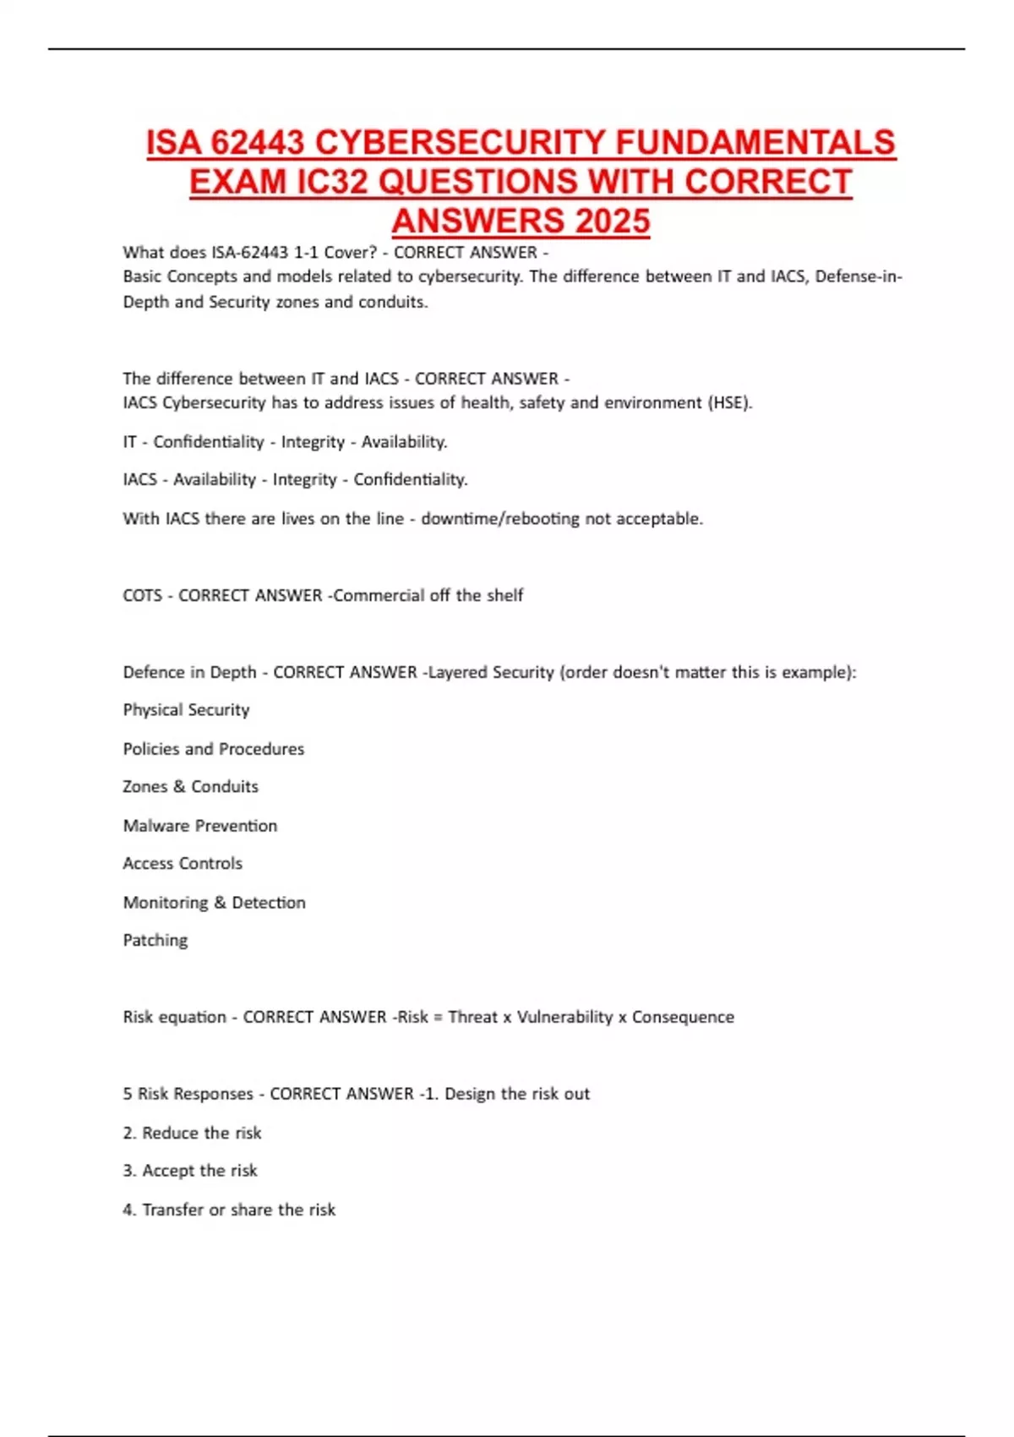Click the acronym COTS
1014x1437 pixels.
point(142,596)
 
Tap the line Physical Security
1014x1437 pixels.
point(186,710)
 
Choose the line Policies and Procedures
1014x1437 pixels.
point(213,749)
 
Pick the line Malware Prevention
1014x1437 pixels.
point(199,826)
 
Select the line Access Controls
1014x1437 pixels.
point(183,864)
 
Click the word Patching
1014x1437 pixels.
point(155,941)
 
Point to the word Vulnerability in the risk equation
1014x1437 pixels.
point(564,1018)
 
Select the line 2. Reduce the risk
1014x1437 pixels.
point(192,1134)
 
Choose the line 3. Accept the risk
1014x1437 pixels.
point(190,1172)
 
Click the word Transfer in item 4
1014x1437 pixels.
point(172,1210)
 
